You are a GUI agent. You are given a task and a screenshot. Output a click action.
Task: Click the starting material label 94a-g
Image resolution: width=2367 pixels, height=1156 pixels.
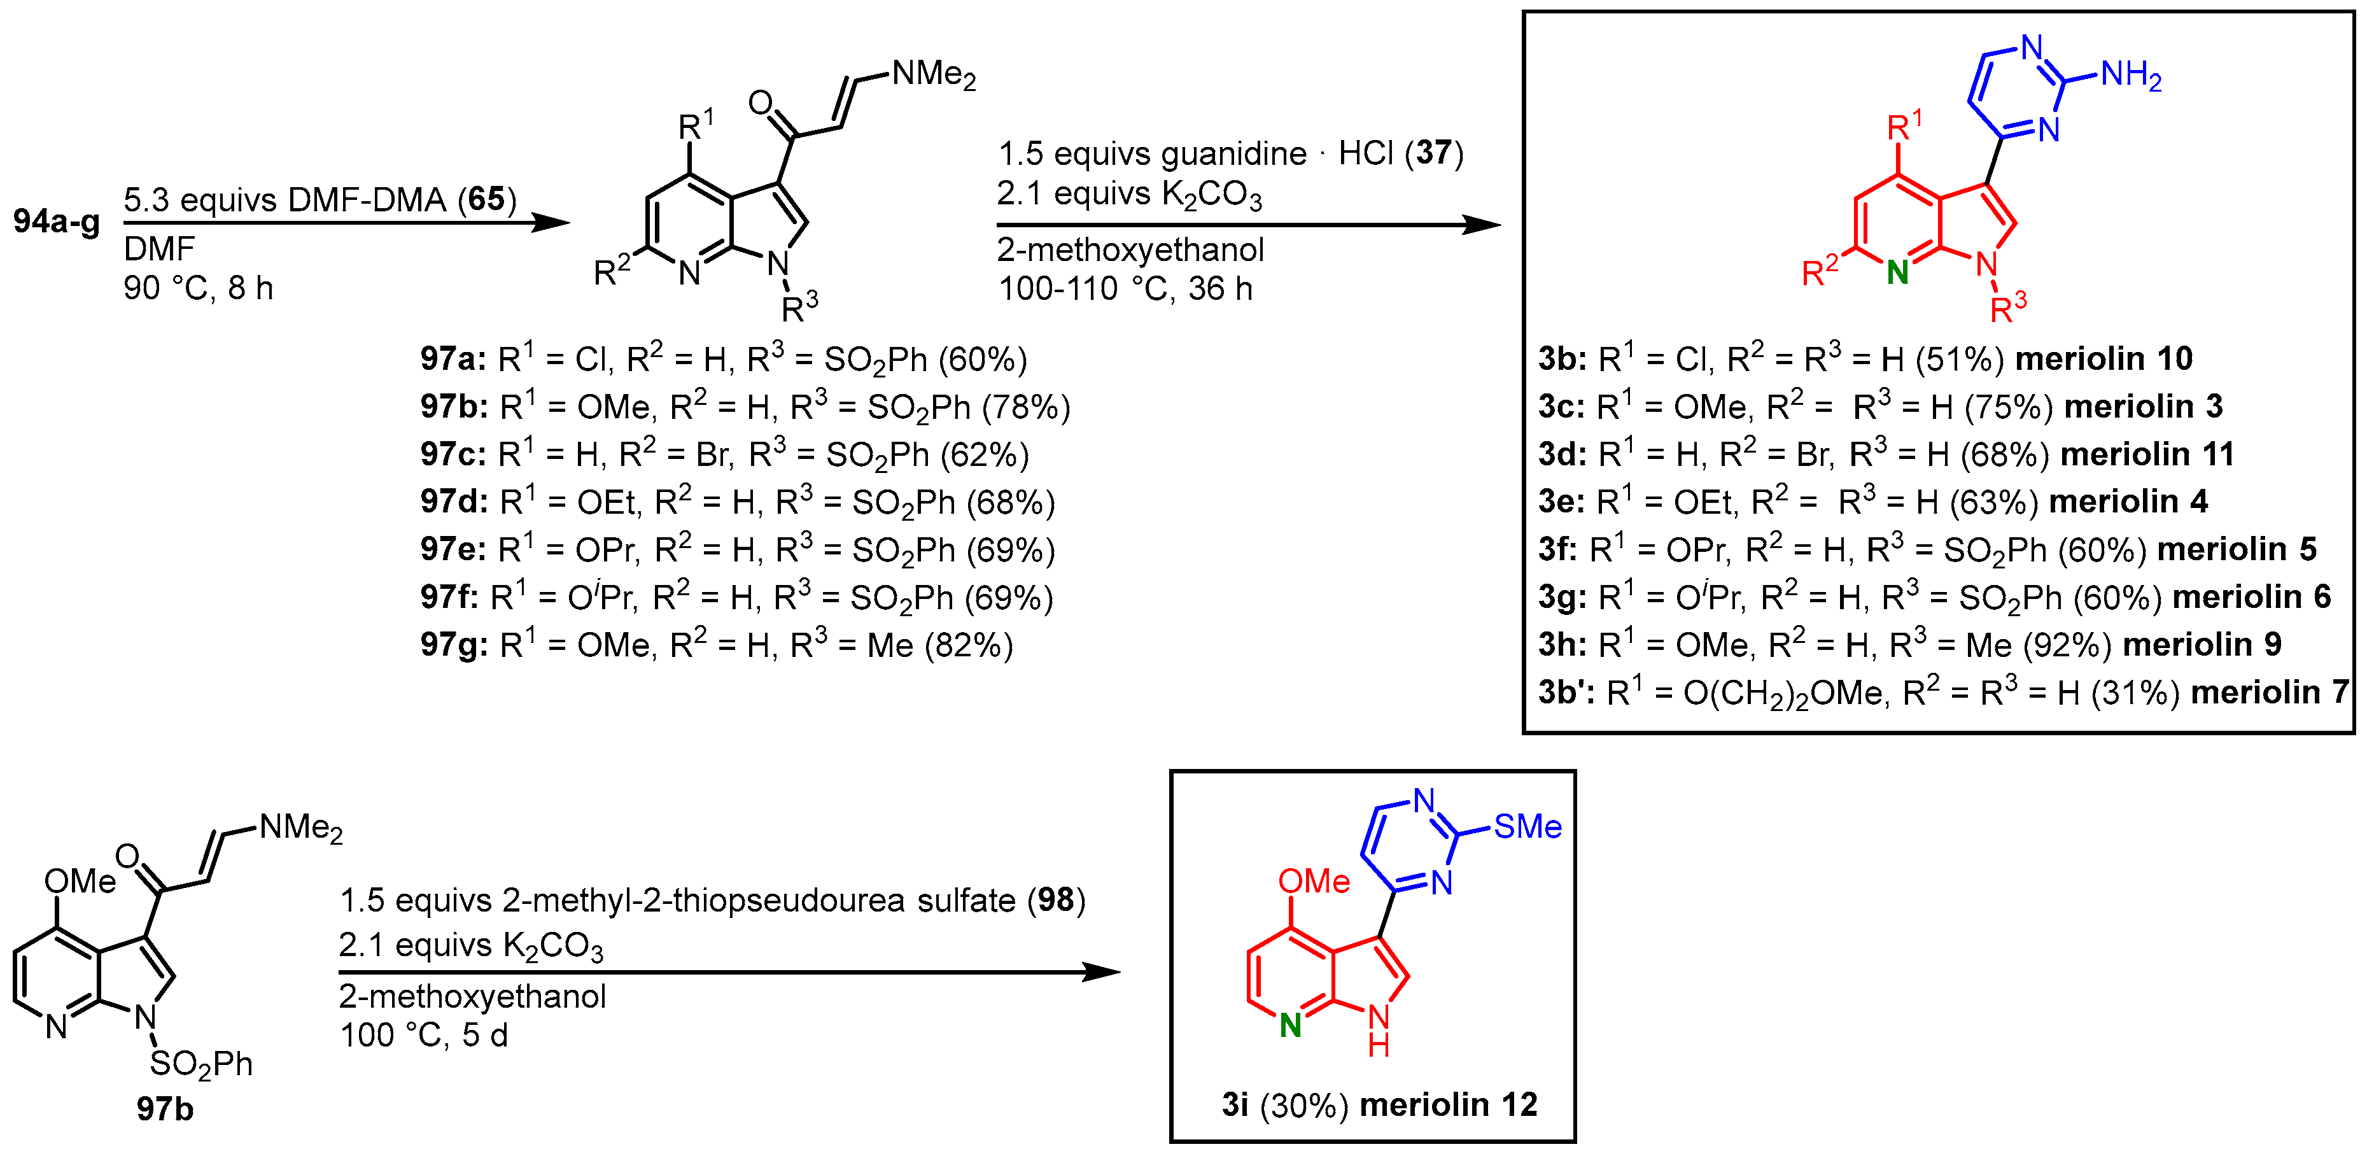57,222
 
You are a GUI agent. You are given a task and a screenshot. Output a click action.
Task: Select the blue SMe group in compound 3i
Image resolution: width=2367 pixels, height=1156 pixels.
1527,826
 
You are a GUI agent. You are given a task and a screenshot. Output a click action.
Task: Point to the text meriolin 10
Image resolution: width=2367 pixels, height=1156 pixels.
2104,358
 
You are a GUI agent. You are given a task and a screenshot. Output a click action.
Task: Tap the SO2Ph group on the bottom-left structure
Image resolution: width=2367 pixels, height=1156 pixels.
200,1064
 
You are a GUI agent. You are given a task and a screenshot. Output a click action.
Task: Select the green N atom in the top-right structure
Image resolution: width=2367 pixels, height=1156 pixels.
1897,273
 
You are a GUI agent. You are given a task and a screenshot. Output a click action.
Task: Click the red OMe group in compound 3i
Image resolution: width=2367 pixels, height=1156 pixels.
1314,881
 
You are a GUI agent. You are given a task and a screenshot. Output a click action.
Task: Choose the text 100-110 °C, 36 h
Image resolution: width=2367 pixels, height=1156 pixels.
1126,288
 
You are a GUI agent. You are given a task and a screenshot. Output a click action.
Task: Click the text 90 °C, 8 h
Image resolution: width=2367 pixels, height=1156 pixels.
199,288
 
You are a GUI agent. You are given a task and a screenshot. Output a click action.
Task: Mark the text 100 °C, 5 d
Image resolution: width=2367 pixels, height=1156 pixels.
424,1036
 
